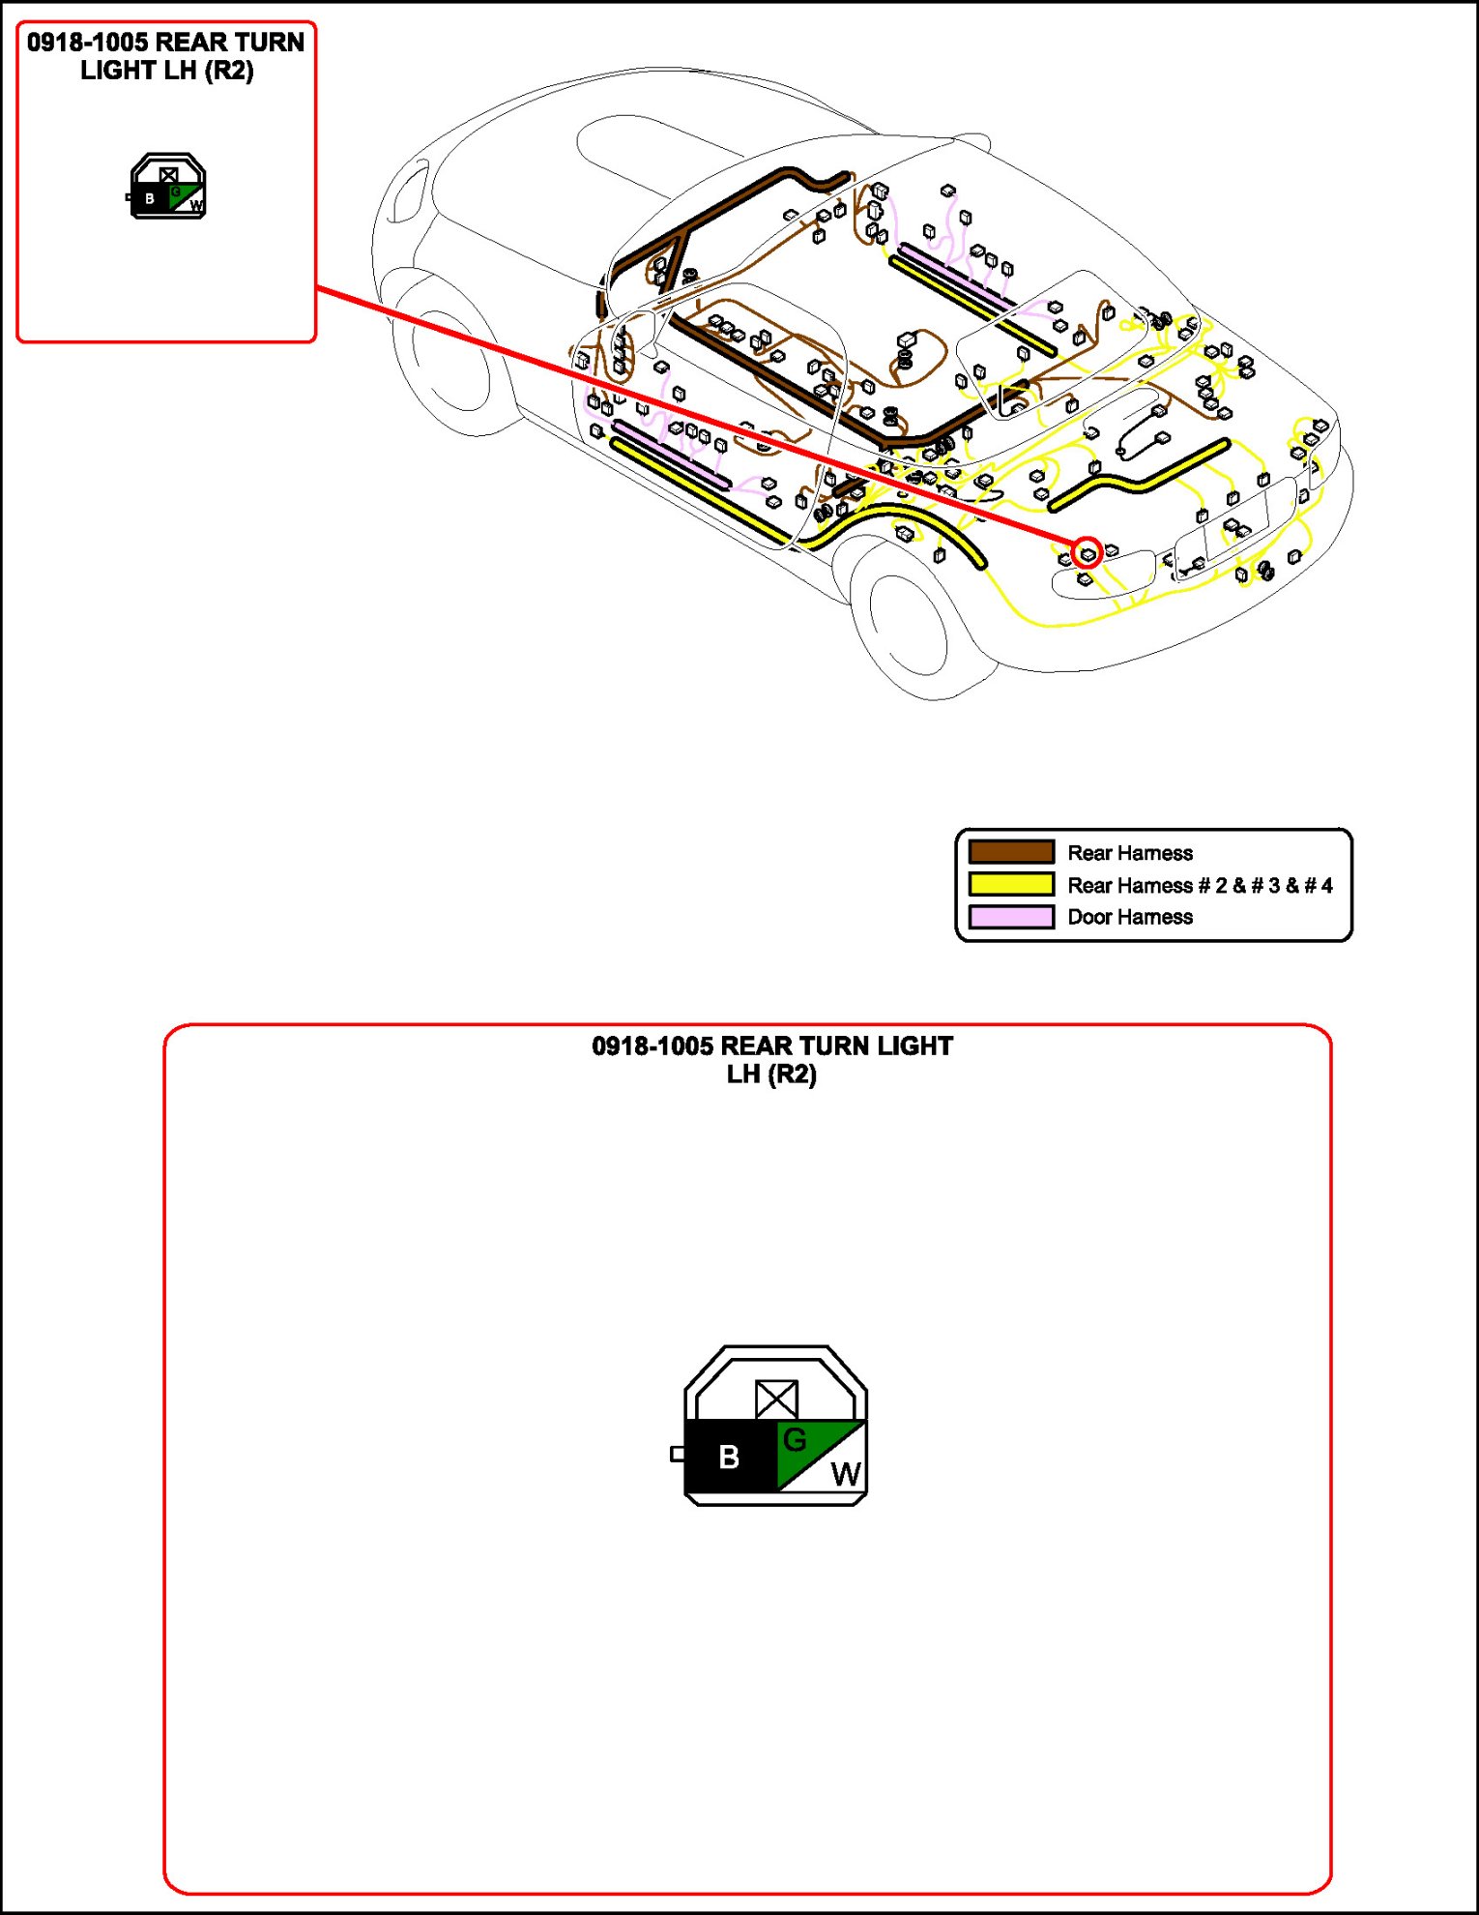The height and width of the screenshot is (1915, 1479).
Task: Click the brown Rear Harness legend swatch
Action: (1011, 852)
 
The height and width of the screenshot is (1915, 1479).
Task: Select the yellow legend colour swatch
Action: (1011, 884)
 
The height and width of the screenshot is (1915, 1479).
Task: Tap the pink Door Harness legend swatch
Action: (1011, 917)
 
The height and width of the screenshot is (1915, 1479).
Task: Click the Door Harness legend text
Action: (1130, 917)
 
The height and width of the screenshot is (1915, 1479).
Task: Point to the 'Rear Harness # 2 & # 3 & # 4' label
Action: (1200, 885)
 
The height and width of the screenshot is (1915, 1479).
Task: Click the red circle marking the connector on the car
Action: (1087, 553)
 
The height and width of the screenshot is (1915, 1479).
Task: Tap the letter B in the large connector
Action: (729, 1457)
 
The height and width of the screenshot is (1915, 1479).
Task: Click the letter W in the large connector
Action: (845, 1475)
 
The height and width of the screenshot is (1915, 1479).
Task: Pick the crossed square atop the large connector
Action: (776, 1399)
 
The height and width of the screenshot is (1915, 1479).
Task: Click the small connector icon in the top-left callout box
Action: (168, 187)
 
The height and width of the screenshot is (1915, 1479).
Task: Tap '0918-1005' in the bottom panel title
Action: (652, 1046)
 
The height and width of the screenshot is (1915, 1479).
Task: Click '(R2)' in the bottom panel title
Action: (792, 1075)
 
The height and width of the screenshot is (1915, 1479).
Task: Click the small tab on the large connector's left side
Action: (678, 1454)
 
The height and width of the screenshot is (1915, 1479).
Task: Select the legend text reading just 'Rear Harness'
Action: (1130, 853)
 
